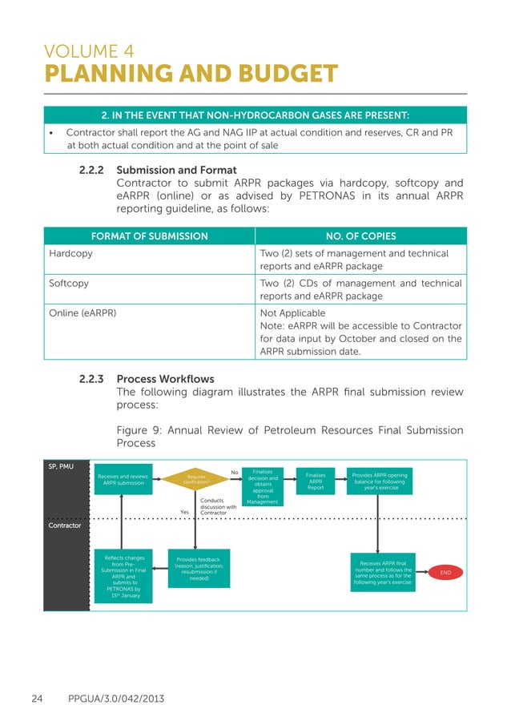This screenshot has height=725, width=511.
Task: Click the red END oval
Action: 446,573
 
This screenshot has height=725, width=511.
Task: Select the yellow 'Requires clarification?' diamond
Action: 196,479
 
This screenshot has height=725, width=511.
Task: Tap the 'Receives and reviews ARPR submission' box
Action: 123,479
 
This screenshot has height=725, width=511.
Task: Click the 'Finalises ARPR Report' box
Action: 316,480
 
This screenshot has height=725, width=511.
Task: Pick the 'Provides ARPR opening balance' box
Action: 380,480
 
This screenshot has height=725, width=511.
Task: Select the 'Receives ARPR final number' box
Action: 383,573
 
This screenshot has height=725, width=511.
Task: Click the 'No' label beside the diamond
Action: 234,473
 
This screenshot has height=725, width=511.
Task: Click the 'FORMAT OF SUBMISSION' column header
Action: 148,236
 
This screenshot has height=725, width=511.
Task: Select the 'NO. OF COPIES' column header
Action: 360,236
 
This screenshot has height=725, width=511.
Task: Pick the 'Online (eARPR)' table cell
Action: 82,313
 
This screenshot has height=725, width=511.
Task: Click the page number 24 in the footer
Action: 37,699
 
